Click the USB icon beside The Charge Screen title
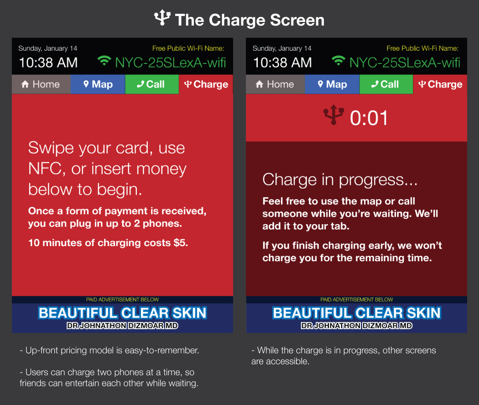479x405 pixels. [x=162, y=17]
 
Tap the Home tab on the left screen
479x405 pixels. [x=41, y=84]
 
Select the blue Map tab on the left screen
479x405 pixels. [x=98, y=84]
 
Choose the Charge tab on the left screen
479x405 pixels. [x=206, y=84]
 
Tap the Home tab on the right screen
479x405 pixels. [x=275, y=84]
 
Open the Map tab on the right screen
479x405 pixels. [x=332, y=84]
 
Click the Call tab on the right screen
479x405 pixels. [x=386, y=84]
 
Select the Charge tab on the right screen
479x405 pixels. [x=440, y=84]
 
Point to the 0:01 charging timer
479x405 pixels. [x=369, y=118]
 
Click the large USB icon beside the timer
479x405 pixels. [x=333, y=115]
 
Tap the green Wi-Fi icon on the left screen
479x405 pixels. [x=104, y=61]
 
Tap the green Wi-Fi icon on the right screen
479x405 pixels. [x=338, y=61]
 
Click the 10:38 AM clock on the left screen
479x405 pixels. [x=48, y=63]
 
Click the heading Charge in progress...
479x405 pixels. [x=340, y=179]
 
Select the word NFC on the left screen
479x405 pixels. [x=45, y=169]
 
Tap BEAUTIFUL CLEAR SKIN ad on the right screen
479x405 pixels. [x=356, y=313]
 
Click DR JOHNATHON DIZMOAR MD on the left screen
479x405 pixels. [x=122, y=326]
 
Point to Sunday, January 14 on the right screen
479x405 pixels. [x=282, y=48]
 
